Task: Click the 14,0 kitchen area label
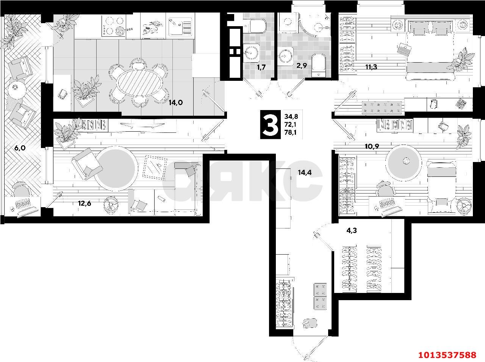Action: (176, 103)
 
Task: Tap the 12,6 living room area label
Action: (84, 203)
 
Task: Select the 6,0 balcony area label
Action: (20, 148)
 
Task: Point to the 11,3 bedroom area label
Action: (371, 67)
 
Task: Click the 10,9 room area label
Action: (372, 146)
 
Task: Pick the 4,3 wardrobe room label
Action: (352, 231)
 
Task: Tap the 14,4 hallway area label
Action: (305, 172)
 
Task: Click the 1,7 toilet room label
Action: (261, 67)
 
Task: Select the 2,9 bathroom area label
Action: (302, 66)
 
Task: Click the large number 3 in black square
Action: (270, 124)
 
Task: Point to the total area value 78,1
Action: (291, 132)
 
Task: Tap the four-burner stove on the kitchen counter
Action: (114, 27)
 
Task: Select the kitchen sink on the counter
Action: (179, 26)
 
